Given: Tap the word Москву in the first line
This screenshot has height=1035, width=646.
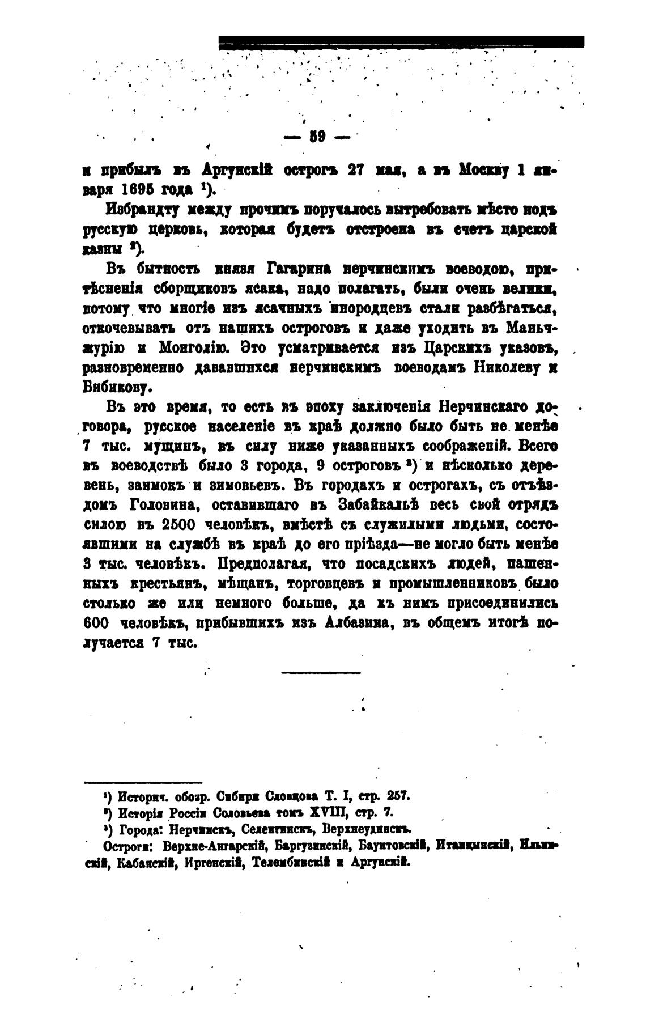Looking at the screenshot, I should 482,169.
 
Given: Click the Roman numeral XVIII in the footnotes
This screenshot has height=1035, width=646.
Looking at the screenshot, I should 328,812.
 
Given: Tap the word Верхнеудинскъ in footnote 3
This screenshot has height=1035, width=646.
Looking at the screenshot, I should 365,829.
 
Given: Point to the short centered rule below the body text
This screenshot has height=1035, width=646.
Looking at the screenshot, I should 320,673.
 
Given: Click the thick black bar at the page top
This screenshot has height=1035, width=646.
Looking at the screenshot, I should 401,41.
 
